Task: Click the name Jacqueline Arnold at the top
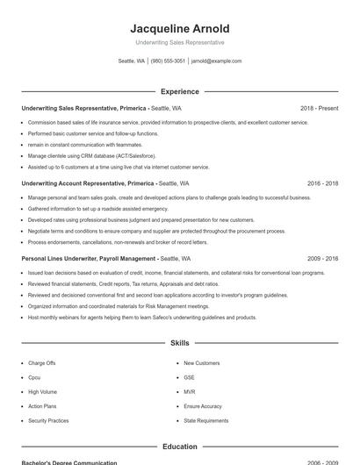[179, 29]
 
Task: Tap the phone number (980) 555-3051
[168, 61]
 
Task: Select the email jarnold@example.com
[216, 61]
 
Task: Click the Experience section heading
[179, 91]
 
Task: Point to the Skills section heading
[179, 342]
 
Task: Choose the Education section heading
[179, 447]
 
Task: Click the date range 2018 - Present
[319, 108]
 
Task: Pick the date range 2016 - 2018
[322, 183]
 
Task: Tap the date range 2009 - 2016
[322, 259]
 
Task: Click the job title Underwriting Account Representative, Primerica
[88, 183]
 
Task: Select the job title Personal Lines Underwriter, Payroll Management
[89, 259]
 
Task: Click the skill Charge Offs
[42, 363]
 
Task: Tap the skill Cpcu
[35, 377]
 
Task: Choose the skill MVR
[190, 392]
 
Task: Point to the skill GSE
[190, 377]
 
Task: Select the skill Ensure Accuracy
[203, 406]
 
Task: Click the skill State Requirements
[206, 420]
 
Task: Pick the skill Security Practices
[48, 420]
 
